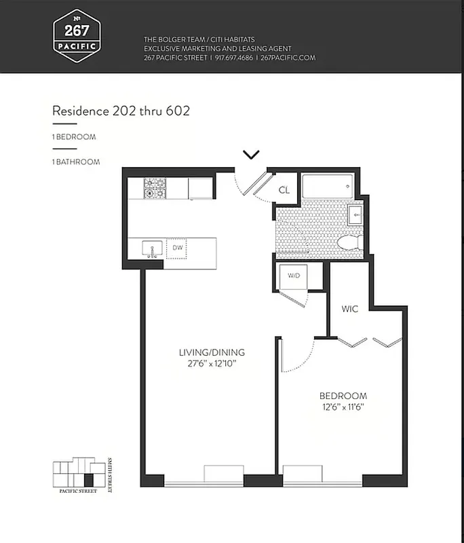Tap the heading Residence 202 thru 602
click(121, 111)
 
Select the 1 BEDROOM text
click(75, 137)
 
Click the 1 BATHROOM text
click(76, 162)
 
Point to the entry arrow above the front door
click(251, 155)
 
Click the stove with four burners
click(155, 188)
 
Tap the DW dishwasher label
click(177, 248)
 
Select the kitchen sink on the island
click(152, 248)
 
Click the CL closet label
click(284, 191)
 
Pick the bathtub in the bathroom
click(328, 185)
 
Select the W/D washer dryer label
click(294, 276)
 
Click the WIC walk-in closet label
click(349, 309)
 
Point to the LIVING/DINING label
click(212, 353)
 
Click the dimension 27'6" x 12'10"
click(212, 364)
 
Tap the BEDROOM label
click(343, 396)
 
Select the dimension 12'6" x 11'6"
click(343, 408)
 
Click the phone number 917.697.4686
click(234, 58)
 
